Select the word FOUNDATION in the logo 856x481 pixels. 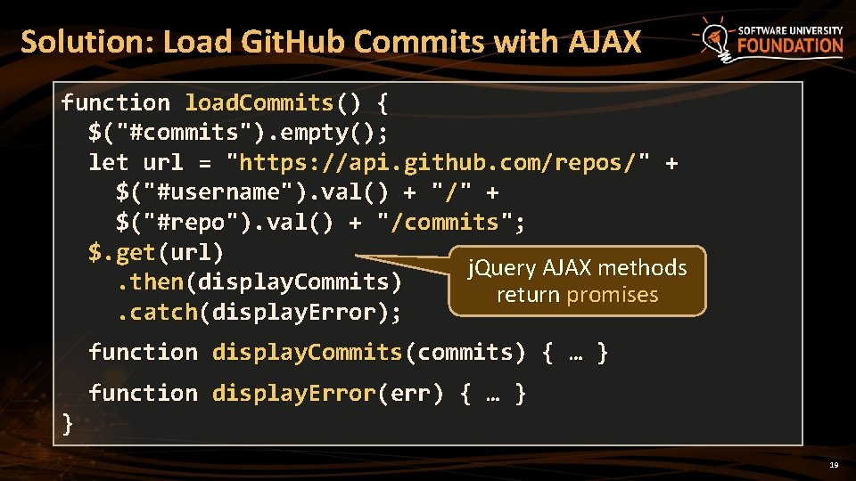click(790, 45)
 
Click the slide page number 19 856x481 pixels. click(834, 465)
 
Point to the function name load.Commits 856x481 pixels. click(259, 103)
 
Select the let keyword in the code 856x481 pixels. click(109, 163)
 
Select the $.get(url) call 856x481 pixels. click(156, 252)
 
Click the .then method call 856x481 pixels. click(150, 282)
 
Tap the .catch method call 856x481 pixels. click(156, 312)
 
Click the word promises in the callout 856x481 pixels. click(612, 295)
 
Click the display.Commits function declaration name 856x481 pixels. click(308, 352)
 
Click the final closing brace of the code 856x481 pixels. click(68, 423)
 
